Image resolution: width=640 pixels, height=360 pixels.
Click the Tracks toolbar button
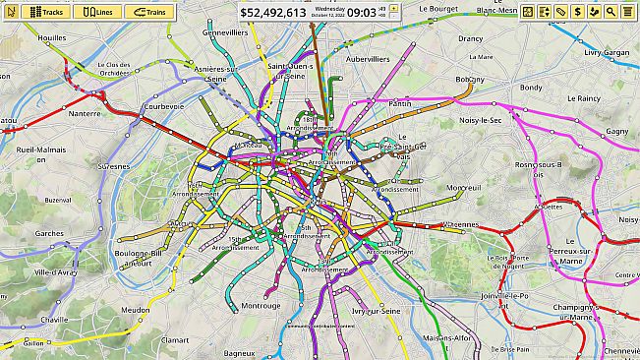pyautogui.click(x=47, y=12)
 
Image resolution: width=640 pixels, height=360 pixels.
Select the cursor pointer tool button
pyautogui.click(x=11, y=12)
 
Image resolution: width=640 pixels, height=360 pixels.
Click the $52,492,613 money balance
pyautogui.click(x=273, y=13)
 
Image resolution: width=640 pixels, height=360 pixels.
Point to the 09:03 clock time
pyautogui.click(x=362, y=13)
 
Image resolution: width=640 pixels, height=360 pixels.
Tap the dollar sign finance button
pyautogui.click(x=579, y=12)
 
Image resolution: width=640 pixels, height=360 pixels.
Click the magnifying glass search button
pyautogui.click(x=611, y=12)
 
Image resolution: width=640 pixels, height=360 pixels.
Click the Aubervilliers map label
pyautogui.click(x=367, y=59)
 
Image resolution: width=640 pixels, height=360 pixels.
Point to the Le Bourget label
pyautogui.click(x=437, y=8)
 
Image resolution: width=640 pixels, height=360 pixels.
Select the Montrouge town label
pyautogui.click(x=261, y=305)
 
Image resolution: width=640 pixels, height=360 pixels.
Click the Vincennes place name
pyautogui.click(x=458, y=224)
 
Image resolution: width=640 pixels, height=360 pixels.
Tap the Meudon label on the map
pyautogui.click(x=135, y=310)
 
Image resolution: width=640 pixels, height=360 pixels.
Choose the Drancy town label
pyautogui.click(x=470, y=38)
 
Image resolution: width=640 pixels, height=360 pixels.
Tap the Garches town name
pyautogui.click(x=49, y=234)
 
